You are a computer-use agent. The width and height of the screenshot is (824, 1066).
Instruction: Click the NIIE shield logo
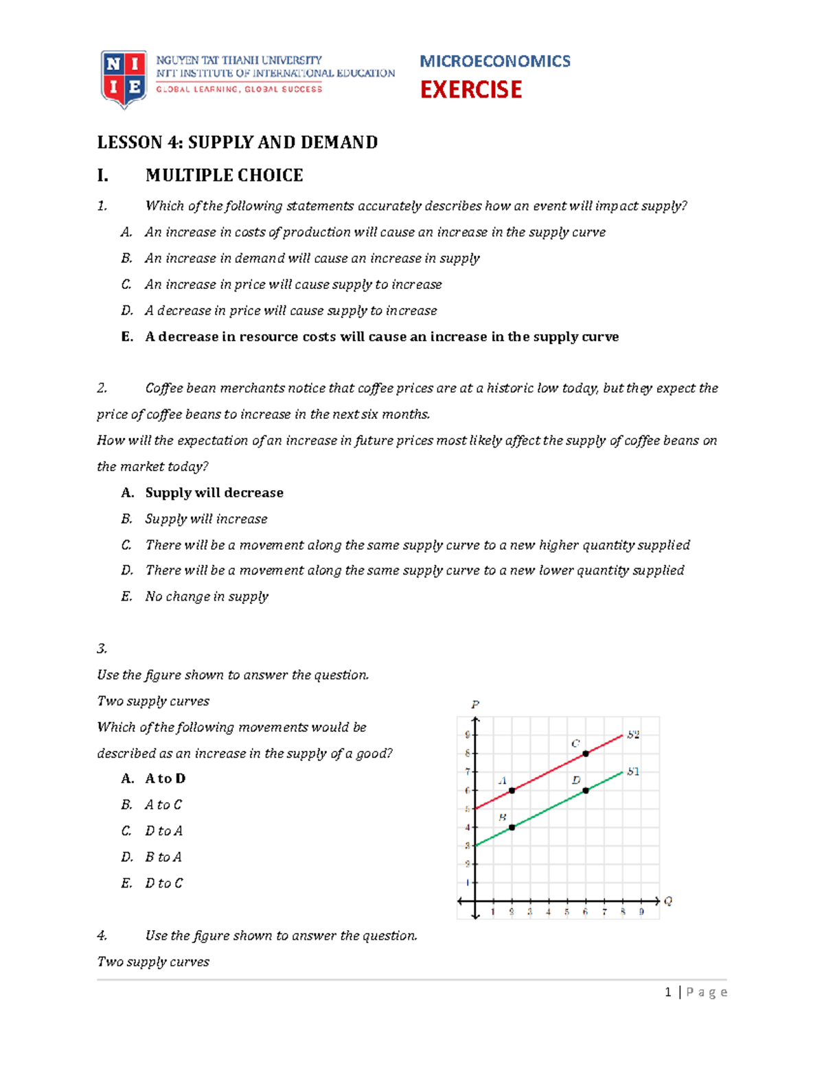(x=124, y=78)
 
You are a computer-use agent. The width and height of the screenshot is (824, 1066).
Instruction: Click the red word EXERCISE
(x=471, y=90)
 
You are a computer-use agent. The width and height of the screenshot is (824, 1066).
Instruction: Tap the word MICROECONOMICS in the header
(x=494, y=61)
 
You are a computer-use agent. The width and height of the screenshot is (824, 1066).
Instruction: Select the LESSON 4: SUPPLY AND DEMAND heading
(x=237, y=142)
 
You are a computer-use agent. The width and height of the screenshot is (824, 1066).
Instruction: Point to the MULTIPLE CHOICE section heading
(x=224, y=175)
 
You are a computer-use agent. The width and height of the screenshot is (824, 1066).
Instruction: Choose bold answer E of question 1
(x=382, y=336)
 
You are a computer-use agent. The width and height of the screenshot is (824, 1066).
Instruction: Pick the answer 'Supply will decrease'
(x=214, y=493)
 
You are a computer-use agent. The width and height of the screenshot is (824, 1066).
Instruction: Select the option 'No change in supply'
(x=207, y=596)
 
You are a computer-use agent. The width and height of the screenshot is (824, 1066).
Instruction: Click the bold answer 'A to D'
(x=165, y=778)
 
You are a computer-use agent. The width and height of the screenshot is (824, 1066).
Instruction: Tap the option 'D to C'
(x=164, y=883)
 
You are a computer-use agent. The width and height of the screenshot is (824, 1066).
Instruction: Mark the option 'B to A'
(x=163, y=857)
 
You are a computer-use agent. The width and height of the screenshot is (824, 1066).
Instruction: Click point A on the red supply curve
(x=512, y=791)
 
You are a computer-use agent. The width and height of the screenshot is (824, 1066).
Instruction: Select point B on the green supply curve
(x=512, y=828)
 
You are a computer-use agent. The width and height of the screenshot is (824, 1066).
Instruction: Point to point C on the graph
(x=586, y=754)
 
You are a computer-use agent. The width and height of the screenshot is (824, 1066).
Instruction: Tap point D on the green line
(x=586, y=791)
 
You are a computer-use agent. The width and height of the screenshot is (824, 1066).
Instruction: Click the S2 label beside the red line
(x=633, y=734)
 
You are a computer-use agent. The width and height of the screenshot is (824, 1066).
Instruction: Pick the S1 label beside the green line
(x=633, y=772)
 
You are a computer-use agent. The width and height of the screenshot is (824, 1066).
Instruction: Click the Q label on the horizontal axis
(x=668, y=901)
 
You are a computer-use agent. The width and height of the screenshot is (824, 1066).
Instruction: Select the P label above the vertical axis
(x=475, y=704)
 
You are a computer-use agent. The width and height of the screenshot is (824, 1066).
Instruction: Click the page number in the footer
(x=668, y=992)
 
